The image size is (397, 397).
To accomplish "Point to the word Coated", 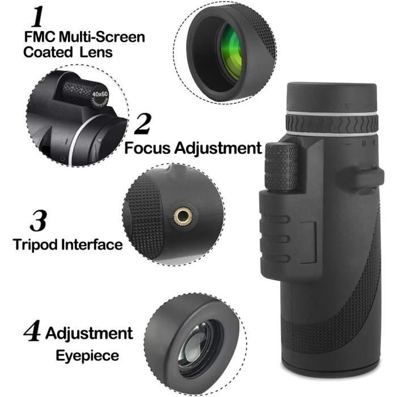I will pyautogui.click(x=48, y=52).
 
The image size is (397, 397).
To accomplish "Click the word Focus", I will pyautogui.click(x=149, y=149).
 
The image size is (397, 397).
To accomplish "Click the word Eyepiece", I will pyautogui.click(x=87, y=356).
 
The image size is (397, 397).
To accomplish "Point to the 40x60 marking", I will pyautogui.click(x=100, y=91).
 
